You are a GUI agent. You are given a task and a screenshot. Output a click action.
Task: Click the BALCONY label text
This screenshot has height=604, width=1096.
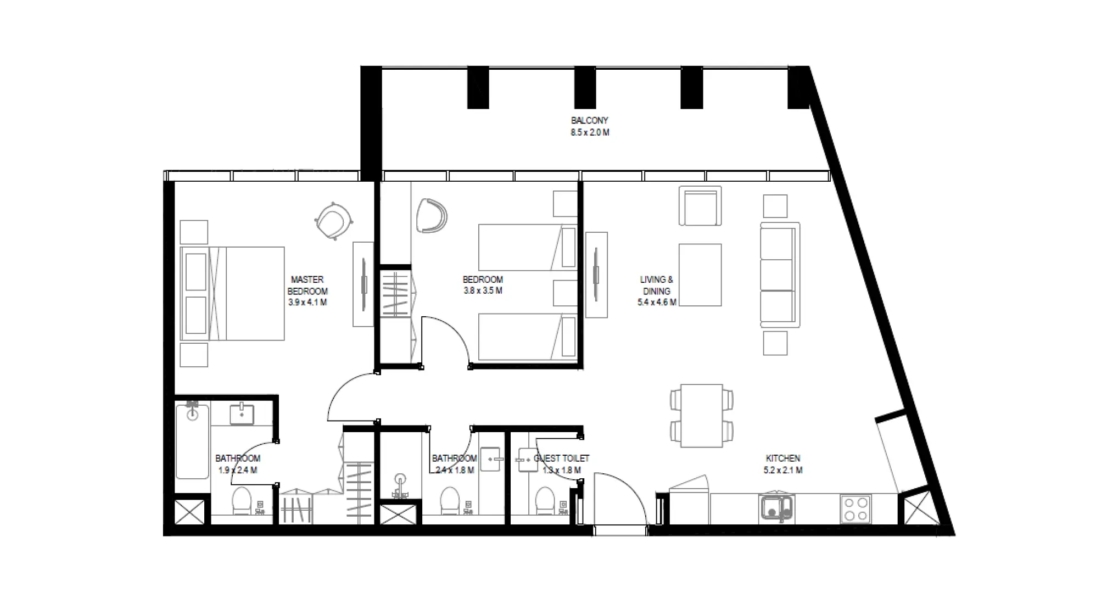point(589,120)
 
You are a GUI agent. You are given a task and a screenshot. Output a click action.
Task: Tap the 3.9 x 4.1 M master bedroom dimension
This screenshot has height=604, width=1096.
point(307,303)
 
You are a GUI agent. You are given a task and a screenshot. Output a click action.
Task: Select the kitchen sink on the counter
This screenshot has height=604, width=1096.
point(776,509)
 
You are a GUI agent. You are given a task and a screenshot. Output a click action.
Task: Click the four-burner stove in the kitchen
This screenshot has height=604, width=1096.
point(855,509)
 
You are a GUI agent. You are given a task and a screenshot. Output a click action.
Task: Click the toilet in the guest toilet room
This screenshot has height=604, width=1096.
point(545,500)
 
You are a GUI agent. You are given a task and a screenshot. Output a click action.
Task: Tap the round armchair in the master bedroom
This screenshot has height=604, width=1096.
point(333,220)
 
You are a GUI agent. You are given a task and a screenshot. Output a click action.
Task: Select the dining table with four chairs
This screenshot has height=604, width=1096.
point(701,416)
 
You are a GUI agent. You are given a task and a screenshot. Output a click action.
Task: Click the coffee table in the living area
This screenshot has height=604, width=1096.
point(700,275)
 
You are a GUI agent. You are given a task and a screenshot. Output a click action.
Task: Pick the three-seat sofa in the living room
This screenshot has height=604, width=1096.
point(779,274)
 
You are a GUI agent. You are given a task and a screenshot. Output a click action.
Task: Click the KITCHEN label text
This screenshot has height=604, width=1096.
point(782,458)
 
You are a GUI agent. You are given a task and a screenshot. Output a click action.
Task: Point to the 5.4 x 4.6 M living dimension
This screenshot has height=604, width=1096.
point(656,303)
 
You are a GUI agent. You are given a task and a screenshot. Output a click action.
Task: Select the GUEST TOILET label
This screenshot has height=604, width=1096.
point(561,458)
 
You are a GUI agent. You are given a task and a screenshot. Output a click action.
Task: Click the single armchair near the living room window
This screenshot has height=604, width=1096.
point(700,206)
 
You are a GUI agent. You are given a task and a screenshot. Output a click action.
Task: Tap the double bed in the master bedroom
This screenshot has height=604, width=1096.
point(233,293)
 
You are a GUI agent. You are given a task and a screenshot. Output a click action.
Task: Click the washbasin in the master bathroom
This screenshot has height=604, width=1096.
point(242,414)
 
